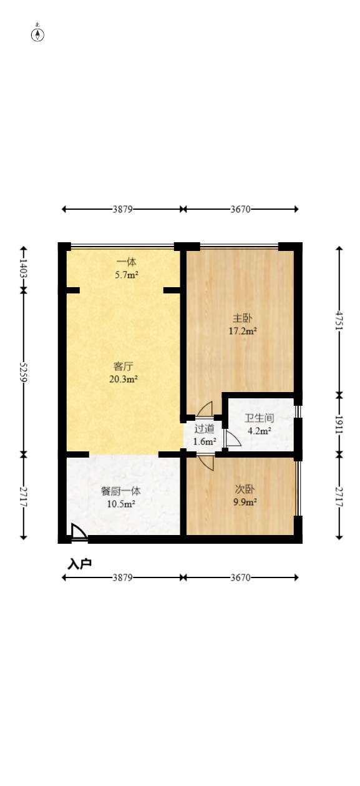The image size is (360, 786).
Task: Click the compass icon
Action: point(38,34)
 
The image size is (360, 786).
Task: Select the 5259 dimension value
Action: point(24,373)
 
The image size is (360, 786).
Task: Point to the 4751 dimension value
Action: point(339,320)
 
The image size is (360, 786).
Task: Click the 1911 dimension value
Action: point(339,423)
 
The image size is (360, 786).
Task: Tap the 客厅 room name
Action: point(124,366)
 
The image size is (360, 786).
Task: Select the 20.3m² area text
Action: point(124,378)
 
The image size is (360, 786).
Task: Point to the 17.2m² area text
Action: point(243,332)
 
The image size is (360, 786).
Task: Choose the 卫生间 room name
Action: point(259,418)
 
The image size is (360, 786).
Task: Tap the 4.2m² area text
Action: point(259,431)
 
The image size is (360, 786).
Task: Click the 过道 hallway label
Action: point(204,429)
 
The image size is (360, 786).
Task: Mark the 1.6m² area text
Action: point(204,441)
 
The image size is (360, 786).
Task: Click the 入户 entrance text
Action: point(79,564)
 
